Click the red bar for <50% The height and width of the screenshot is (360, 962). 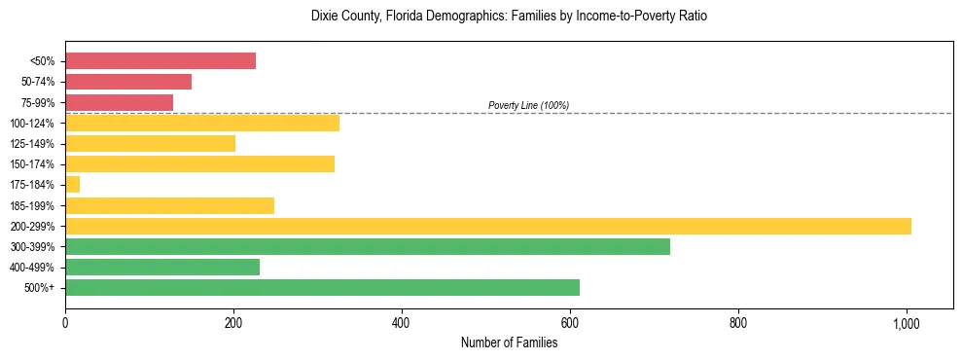click(160, 60)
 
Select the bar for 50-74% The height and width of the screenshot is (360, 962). click(128, 82)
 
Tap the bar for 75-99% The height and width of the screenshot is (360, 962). click(119, 102)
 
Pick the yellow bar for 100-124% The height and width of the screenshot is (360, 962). click(202, 123)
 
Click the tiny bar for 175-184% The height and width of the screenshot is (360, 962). click(73, 184)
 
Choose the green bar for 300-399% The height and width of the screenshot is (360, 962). click(368, 246)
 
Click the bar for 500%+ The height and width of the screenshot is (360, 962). click(322, 287)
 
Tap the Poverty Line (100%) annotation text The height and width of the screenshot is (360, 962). click(528, 105)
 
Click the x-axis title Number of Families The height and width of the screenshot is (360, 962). click(509, 342)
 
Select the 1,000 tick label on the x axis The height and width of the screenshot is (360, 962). click(907, 323)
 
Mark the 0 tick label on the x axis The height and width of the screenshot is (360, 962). click(65, 323)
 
